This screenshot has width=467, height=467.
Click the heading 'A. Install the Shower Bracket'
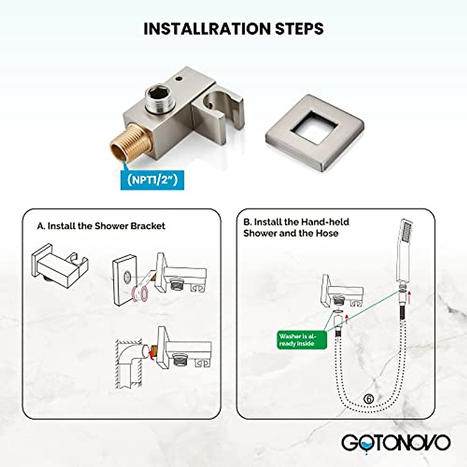coord(101,226)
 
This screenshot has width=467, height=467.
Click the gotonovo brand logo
coord(396,443)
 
